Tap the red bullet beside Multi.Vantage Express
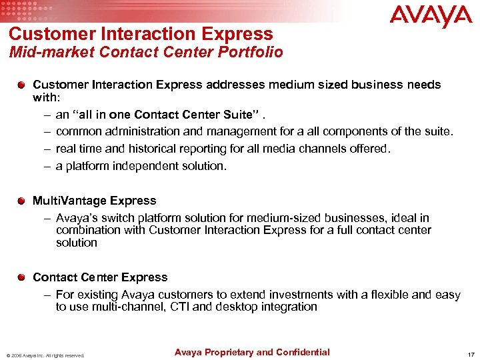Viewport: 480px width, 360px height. click(x=22, y=201)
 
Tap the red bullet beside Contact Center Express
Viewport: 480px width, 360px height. click(x=22, y=277)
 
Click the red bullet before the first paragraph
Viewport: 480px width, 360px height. click(x=22, y=85)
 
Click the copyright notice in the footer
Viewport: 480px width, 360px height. click(x=45, y=355)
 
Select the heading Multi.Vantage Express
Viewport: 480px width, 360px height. click(x=95, y=201)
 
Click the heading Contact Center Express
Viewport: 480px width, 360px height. click(x=100, y=277)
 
